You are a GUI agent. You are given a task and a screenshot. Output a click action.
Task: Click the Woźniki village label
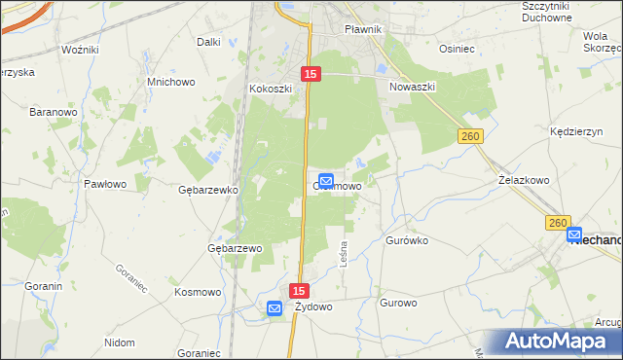(x=79, y=49)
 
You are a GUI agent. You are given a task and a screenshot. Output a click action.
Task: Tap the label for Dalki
(x=208, y=42)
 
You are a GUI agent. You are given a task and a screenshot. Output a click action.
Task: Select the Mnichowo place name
(x=165, y=82)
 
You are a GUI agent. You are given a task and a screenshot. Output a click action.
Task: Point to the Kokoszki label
(x=271, y=88)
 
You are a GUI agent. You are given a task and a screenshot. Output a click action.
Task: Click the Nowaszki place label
(x=413, y=87)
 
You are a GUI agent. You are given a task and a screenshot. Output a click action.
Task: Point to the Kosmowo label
(x=198, y=292)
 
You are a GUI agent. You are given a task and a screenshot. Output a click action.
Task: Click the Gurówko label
(x=407, y=239)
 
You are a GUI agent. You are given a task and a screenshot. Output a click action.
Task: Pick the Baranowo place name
(x=53, y=113)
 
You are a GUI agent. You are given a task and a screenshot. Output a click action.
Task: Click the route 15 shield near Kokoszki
(x=311, y=74)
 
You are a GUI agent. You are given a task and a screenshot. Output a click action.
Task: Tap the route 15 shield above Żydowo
(x=299, y=291)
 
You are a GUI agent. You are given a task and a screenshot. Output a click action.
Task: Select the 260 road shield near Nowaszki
(x=471, y=137)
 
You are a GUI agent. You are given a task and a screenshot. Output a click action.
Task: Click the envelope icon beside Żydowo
(x=275, y=308)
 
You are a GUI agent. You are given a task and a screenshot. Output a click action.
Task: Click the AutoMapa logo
(x=563, y=342)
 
